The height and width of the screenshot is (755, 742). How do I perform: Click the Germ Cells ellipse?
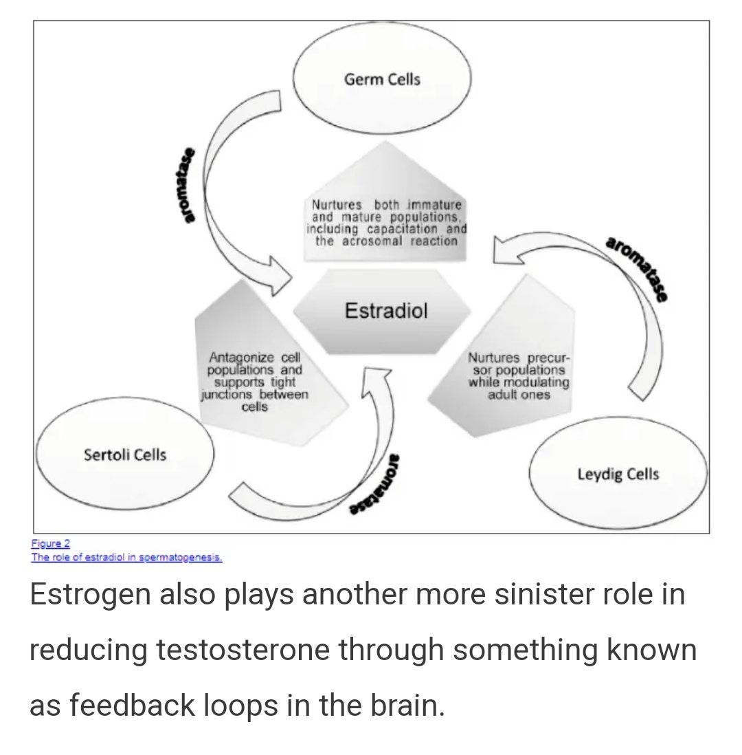pyautogui.click(x=382, y=80)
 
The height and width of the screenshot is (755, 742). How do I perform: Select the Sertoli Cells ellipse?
pyautogui.click(x=124, y=454)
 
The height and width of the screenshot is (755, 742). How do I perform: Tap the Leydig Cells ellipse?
pyautogui.click(x=618, y=474)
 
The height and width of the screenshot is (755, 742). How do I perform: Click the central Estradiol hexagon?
pyautogui.click(x=385, y=311)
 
